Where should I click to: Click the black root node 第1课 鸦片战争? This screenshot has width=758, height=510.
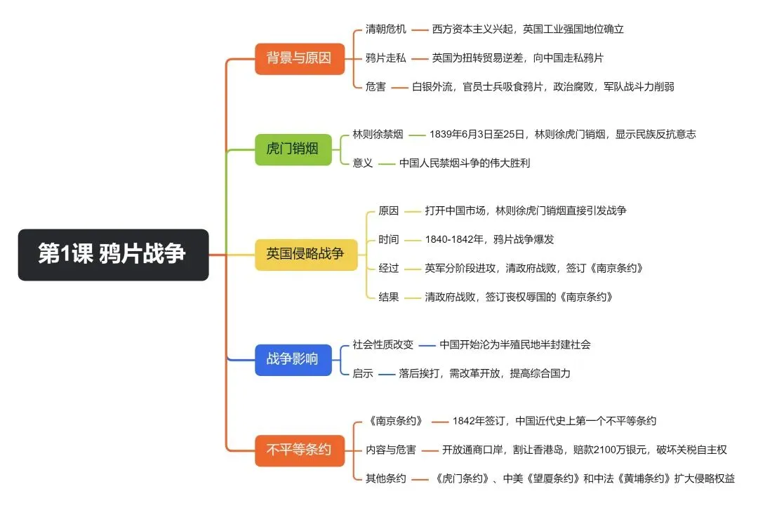pos(113,254)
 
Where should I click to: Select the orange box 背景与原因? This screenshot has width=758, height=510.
pos(299,58)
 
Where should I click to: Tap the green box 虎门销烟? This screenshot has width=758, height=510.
pos(293,149)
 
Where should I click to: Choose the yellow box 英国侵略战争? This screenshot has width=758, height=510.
pos(305,254)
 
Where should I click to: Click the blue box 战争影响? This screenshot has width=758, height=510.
pos(293,360)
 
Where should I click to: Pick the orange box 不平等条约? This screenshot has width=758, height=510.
pos(299,450)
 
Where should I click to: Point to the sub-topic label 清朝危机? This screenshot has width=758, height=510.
pos(386,29)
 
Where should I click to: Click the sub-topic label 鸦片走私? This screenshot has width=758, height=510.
pos(386,58)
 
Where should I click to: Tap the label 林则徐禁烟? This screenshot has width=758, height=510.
pos(378,135)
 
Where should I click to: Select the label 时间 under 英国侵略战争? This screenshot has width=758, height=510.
pos(389,239)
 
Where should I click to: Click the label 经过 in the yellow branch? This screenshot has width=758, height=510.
pos(389,268)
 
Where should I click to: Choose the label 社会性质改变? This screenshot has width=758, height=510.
pos(383,344)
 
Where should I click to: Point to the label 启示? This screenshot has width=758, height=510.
pos(363,374)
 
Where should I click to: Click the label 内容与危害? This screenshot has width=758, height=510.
pos(391,450)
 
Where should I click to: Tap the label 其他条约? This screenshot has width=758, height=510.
pos(386,478)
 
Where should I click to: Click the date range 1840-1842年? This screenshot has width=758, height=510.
pos(454,239)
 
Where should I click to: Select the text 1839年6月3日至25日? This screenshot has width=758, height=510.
pos(477,135)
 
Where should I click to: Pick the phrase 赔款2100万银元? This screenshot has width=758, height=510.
pos(610,450)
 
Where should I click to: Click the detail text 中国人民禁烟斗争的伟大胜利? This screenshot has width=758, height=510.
pos(465,163)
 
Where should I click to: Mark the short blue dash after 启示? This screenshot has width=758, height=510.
pos(387,374)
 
